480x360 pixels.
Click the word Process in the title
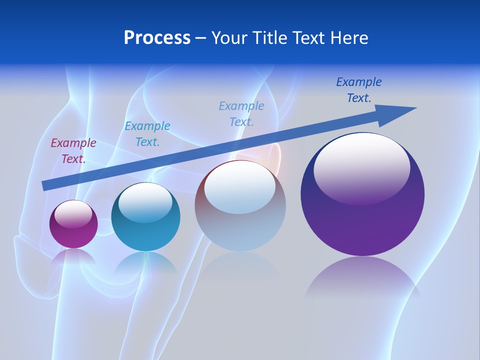tap(157, 38)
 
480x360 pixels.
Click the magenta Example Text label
tap(73, 150)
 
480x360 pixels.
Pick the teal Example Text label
tap(147, 133)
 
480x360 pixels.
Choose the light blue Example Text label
tap(241, 113)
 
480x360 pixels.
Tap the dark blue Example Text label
tap(359, 89)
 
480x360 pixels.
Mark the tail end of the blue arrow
tap(45, 185)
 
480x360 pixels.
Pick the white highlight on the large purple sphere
tap(362, 167)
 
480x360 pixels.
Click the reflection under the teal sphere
tap(145, 262)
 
